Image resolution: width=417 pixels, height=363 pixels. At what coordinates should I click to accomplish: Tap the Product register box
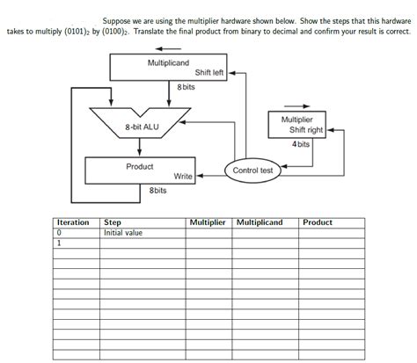click(139, 171)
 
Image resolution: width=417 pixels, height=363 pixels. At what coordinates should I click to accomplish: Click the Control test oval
click(253, 170)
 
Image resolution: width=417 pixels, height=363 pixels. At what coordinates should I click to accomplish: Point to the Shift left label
click(209, 74)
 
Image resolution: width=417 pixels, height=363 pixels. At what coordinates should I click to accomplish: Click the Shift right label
click(305, 130)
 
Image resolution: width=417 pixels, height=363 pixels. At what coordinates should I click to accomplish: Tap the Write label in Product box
click(183, 177)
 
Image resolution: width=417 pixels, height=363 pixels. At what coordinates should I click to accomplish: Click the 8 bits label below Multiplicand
click(185, 87)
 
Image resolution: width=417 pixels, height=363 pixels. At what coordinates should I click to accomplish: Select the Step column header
click(113, 222)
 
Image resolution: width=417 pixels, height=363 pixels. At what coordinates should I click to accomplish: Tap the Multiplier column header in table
click(208, 222)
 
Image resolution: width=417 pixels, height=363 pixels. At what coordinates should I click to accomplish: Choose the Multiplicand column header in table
click(260, 222)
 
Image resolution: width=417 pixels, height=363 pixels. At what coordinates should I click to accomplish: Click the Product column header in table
click(318, 222)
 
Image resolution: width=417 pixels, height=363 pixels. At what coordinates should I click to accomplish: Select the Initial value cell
click(123, 233)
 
